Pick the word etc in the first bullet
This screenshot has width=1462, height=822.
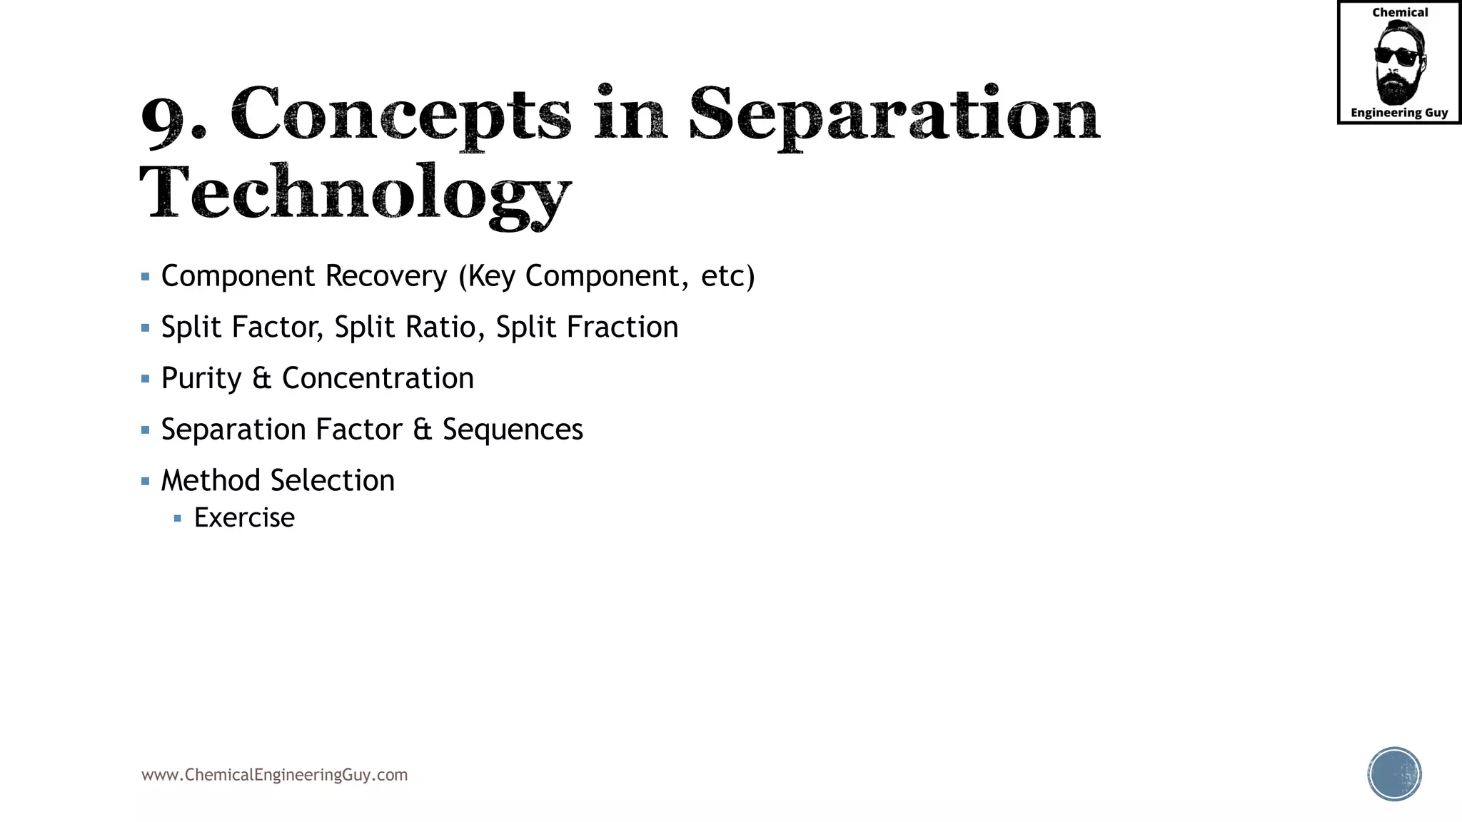tap(722, 276)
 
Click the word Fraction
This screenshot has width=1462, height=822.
tap(622, 328)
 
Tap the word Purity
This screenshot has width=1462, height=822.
tap(201, 379)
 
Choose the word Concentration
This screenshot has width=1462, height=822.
tap(378, 379)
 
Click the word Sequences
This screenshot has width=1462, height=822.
tap(513, 430)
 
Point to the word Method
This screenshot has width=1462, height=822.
tap(210, 481)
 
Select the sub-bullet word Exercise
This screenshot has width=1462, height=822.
tap(244, 518)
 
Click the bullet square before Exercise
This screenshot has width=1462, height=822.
tap(178, 519)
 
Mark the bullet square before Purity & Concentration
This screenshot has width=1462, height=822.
tap(146, 379)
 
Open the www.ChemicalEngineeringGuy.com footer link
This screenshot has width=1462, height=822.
tap(274, 775)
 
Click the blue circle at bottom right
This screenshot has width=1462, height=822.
tap(1394, 774)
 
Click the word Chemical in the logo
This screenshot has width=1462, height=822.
tap(1400, 13)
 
